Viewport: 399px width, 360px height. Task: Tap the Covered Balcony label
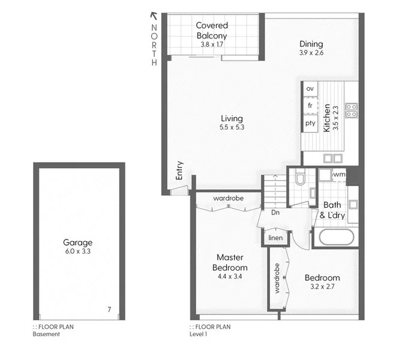coord(212,30)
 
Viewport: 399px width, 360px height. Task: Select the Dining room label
coord(311,44)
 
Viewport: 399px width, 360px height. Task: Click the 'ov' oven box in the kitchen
coord(310,89)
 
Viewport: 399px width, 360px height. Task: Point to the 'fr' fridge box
coord(310,106)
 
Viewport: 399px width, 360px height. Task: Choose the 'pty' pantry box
coord(310,123)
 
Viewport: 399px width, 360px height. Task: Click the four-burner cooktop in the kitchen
coord(352,110)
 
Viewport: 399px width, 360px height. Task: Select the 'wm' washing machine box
coord(339,175)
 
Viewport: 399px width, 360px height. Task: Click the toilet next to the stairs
coord(300,178)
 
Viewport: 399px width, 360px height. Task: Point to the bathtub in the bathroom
coord(336,237)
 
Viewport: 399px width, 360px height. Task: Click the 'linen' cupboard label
coord(275,238)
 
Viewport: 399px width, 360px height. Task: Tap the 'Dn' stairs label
coord(276,212)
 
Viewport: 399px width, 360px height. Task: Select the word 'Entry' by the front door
coord(179,171)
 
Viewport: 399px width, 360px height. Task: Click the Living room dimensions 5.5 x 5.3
coord(232,127)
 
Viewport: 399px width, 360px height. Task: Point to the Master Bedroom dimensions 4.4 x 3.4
coord(231,277)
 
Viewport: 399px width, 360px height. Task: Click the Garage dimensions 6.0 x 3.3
coord(78,251)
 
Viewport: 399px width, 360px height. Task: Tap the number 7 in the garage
coord(109,310)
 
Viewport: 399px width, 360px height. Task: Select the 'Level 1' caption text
coord(198,334)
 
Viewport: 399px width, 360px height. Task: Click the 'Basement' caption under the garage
coord(46,334)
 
